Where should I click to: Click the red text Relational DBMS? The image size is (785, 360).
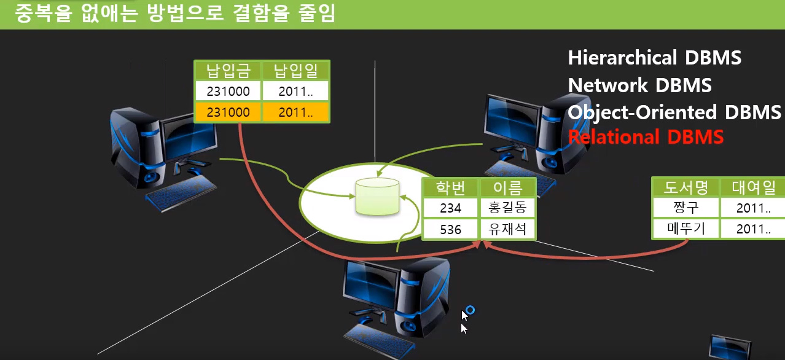pyautogui.click(x=646, y=137)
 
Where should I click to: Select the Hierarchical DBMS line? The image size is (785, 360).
pyautogui.click(x=655, y=58)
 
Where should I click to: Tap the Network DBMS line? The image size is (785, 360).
pyautogui.click(x=639, y=85)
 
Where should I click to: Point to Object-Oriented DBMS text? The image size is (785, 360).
pyautogui.click(x=674, y=112)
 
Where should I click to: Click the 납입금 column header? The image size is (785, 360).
pyautogui.click(x=228, y=71)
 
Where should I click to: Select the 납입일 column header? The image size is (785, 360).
pyautogui.click(x=295, y=71)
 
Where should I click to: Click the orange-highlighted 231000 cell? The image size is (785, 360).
pyautogui.click(x=228, y=112)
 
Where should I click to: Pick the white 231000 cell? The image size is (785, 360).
pyautogui.click(x=228, y=91)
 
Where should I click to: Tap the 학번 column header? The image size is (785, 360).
pyautogui.click(x=450, y=188)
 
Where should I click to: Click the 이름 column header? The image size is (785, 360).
pyautogui.click(x=507, y=188)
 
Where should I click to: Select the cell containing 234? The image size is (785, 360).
pyautogui.click(x=450, y=208)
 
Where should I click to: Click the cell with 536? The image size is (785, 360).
pyautogui.click(x=450, y=229)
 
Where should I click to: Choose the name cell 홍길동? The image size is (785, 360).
pyautogui.click(x=507, y=208)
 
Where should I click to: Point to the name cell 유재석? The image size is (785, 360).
pyautogui.click(x=507, y=229)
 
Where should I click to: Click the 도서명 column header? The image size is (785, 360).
pyautogui.click(x=686, y=187)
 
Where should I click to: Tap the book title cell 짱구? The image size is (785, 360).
pyautogui.click(x=686, y=208)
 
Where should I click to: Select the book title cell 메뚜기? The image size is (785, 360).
pyautogui.click(x=686, y=229)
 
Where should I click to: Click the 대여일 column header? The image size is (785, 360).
pyautogui.click(x=753, y=187)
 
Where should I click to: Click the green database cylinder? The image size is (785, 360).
pyautogui.click(x=377, y=197)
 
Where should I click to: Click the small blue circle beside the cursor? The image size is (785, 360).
pyautogui.click(x=471, y=310)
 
